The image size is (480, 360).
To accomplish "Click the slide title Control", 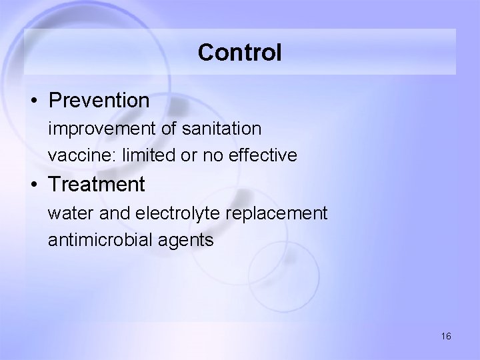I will [239, 52].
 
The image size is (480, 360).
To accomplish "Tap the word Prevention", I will [99, 101].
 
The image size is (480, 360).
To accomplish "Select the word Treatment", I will [97, 184].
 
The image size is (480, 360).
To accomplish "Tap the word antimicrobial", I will [101, 240].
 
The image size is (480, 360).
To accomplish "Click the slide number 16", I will [446, 336].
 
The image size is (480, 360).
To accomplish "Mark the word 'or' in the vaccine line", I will [187, 156].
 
